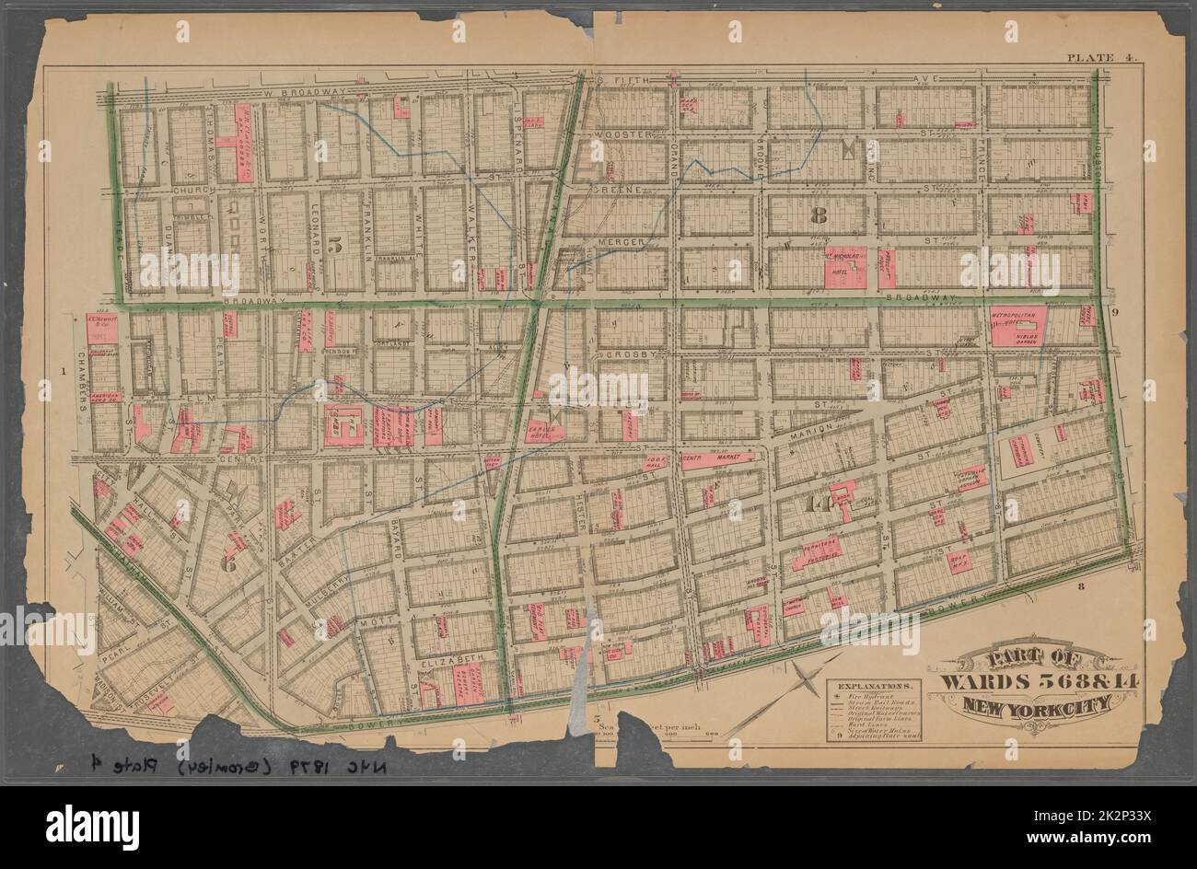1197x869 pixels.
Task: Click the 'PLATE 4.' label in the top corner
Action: tap(1102, 58)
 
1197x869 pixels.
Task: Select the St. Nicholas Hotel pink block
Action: tap(843, 267)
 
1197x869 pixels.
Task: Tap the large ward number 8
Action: tap(816, 217)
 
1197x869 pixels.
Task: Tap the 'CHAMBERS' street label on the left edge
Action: tap(80, 375)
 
